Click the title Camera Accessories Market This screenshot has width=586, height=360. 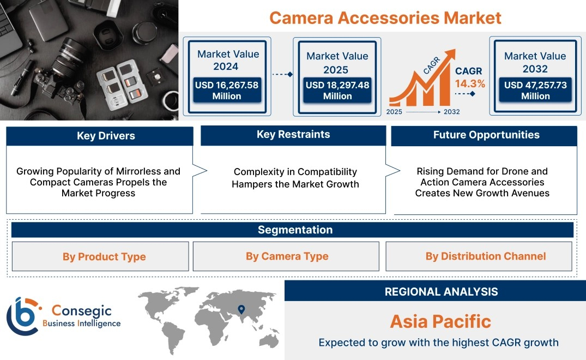click(385, 17)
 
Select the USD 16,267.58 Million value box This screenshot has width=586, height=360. click(226, 90)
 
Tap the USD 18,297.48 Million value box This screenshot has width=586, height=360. click(337, 90)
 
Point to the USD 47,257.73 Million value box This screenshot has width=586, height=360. click(535, 90)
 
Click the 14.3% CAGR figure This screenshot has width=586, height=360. click(470, 83)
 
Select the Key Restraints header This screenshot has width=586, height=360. click(293, 135)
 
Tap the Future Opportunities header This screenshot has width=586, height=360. click(484, 135)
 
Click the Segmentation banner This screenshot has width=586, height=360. click(292, 230)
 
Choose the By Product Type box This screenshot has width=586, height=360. click(100, 256)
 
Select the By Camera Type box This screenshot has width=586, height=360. click(286, 256)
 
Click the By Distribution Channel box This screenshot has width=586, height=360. click(479, 256)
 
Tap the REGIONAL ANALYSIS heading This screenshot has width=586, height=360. click(442, 292)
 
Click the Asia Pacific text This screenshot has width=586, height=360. click(440, 321)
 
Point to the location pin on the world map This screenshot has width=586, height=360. click(241, 309)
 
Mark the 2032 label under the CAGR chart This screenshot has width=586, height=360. click(451, 112)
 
